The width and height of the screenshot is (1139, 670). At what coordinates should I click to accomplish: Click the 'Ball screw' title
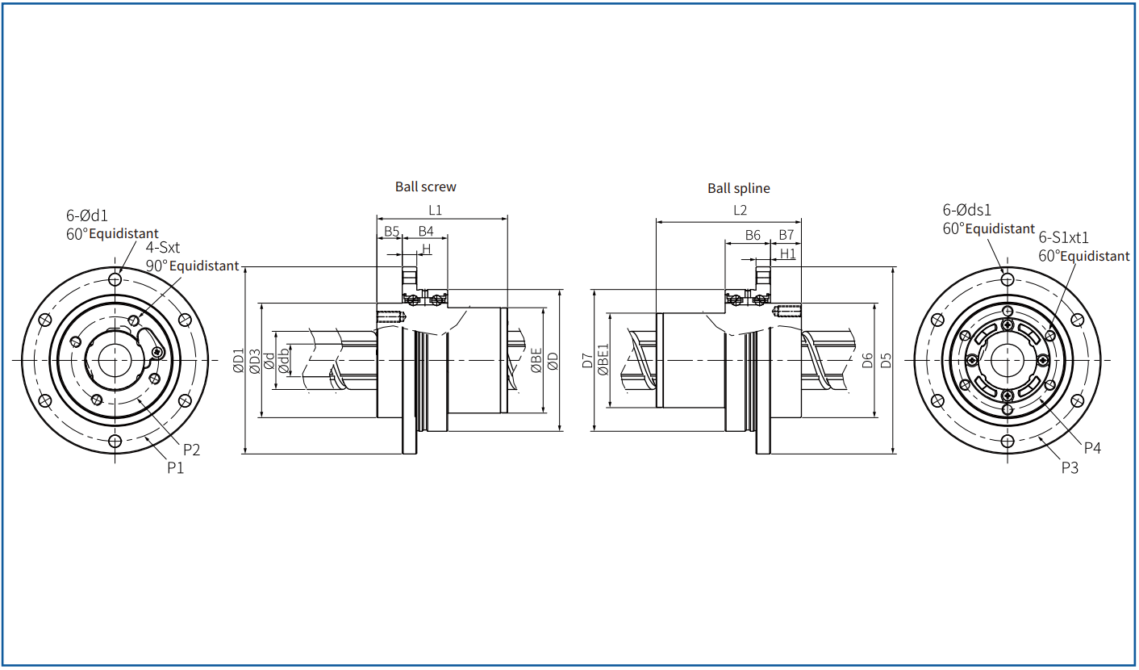point(426,186)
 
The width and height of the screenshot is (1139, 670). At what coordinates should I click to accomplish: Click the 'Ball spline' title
point(739,188)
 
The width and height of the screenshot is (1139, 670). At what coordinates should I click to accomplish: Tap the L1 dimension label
point(436,210)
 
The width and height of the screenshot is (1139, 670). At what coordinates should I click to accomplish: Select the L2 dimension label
point(740,210)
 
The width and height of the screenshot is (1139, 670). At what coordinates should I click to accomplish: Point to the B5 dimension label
point(391,232)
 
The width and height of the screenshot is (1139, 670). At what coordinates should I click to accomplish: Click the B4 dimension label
point(426,232)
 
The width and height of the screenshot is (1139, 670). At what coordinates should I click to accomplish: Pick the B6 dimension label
point(753,235)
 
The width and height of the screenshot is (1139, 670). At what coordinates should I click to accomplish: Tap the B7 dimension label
point(786,235)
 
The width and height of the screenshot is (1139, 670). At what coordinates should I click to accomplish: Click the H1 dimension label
point(787,253)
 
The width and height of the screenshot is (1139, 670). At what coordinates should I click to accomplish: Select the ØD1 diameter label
point(239,360)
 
